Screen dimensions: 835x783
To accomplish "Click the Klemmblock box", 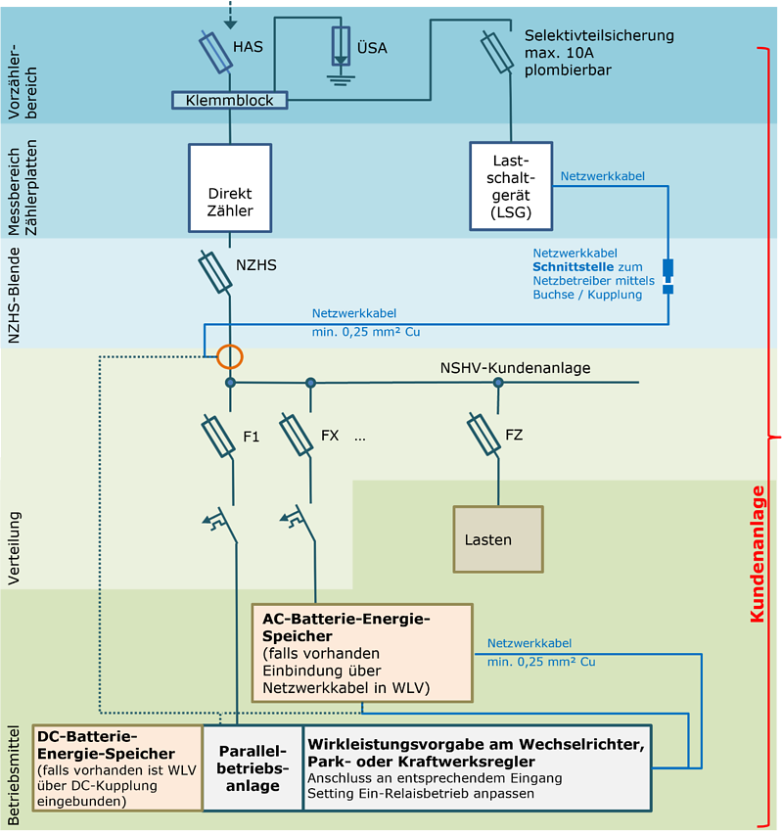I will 230,100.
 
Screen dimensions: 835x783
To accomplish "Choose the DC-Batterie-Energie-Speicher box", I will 117,767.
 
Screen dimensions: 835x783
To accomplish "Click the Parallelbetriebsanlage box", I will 253,767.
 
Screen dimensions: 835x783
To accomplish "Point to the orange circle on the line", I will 230,355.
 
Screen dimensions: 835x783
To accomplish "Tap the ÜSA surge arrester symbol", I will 340,49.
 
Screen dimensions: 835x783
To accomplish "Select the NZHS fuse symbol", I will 215,271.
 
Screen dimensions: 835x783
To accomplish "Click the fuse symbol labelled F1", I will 217,436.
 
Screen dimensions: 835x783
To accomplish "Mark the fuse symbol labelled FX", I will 297,433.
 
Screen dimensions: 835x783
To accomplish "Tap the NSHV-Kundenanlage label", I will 516,368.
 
